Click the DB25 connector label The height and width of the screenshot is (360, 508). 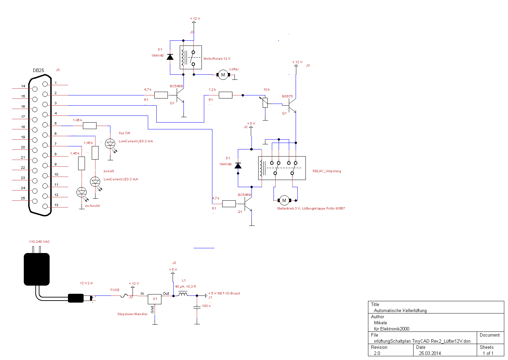(x=38, y=70)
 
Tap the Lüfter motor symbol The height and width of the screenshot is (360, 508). (x=223, y=75)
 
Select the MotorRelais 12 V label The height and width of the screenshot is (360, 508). (x=217, y=59)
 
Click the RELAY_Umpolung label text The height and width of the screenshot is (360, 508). (x=327, y=171)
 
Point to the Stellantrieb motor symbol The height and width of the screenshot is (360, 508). (x=284, y=200)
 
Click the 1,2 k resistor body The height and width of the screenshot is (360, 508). (x=225, y=95)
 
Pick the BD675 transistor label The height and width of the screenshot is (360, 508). (x=287, y=96)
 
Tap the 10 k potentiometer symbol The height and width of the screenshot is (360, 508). (x=265, y=103)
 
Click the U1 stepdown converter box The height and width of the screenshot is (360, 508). (x=155, y=299)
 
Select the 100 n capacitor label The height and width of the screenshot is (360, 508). (x=206, y=306)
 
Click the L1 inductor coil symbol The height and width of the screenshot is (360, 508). (x=183, y=294)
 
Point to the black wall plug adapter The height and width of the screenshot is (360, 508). (x=36, y=269)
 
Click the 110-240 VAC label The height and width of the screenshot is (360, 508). (x=39, y=242)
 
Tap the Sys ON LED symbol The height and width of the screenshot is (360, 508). (x=110, y=144)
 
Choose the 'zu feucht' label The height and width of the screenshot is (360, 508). (x=92, y=205)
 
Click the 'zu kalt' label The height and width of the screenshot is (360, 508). (x=109, y=171)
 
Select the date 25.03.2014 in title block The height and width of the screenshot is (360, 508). (x=430, y=353)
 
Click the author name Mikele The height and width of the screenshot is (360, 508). (x=380, y=323)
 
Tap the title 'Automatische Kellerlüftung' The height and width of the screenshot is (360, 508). (x=400, y=310)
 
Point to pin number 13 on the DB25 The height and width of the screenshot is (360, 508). (x=56, y=205)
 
